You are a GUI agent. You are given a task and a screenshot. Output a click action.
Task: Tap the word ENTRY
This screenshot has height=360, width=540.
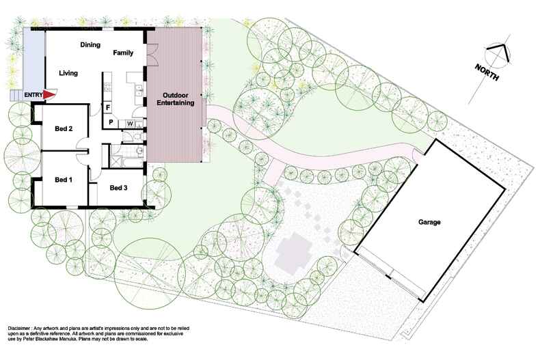[33, 95]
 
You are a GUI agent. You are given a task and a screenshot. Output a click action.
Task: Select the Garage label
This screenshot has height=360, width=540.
[429, 222]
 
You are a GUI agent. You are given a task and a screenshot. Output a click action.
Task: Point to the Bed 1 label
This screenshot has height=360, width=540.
[64, 180]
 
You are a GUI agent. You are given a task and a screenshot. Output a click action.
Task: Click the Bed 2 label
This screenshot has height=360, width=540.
[64, 128]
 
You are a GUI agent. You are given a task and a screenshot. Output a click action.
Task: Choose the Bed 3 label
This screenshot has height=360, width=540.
[118, 188]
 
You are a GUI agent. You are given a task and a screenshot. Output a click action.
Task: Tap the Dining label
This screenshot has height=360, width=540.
[90, 44]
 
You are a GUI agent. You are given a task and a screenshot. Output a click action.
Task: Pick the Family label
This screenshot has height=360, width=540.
[123, 53]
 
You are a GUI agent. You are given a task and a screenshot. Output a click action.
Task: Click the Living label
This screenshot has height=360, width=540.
[68, 73]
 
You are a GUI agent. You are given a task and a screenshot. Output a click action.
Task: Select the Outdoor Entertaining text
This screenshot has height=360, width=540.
[175, 99]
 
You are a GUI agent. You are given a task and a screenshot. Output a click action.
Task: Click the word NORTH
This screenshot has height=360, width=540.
[487, 72]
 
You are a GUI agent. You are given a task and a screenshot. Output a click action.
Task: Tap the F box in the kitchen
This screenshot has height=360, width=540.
[108, 108]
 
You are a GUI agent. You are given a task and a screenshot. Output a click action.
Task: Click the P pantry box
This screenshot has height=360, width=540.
[111, 122]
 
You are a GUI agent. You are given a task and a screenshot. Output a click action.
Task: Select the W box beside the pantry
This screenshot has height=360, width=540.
[130, 123]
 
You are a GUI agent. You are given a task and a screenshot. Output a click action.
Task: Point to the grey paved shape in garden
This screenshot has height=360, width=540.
[293, 253]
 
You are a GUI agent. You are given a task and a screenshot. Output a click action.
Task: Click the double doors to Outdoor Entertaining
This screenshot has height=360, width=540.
[152, 55]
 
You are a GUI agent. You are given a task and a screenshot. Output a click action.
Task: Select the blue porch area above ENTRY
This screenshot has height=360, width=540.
[33, 60]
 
